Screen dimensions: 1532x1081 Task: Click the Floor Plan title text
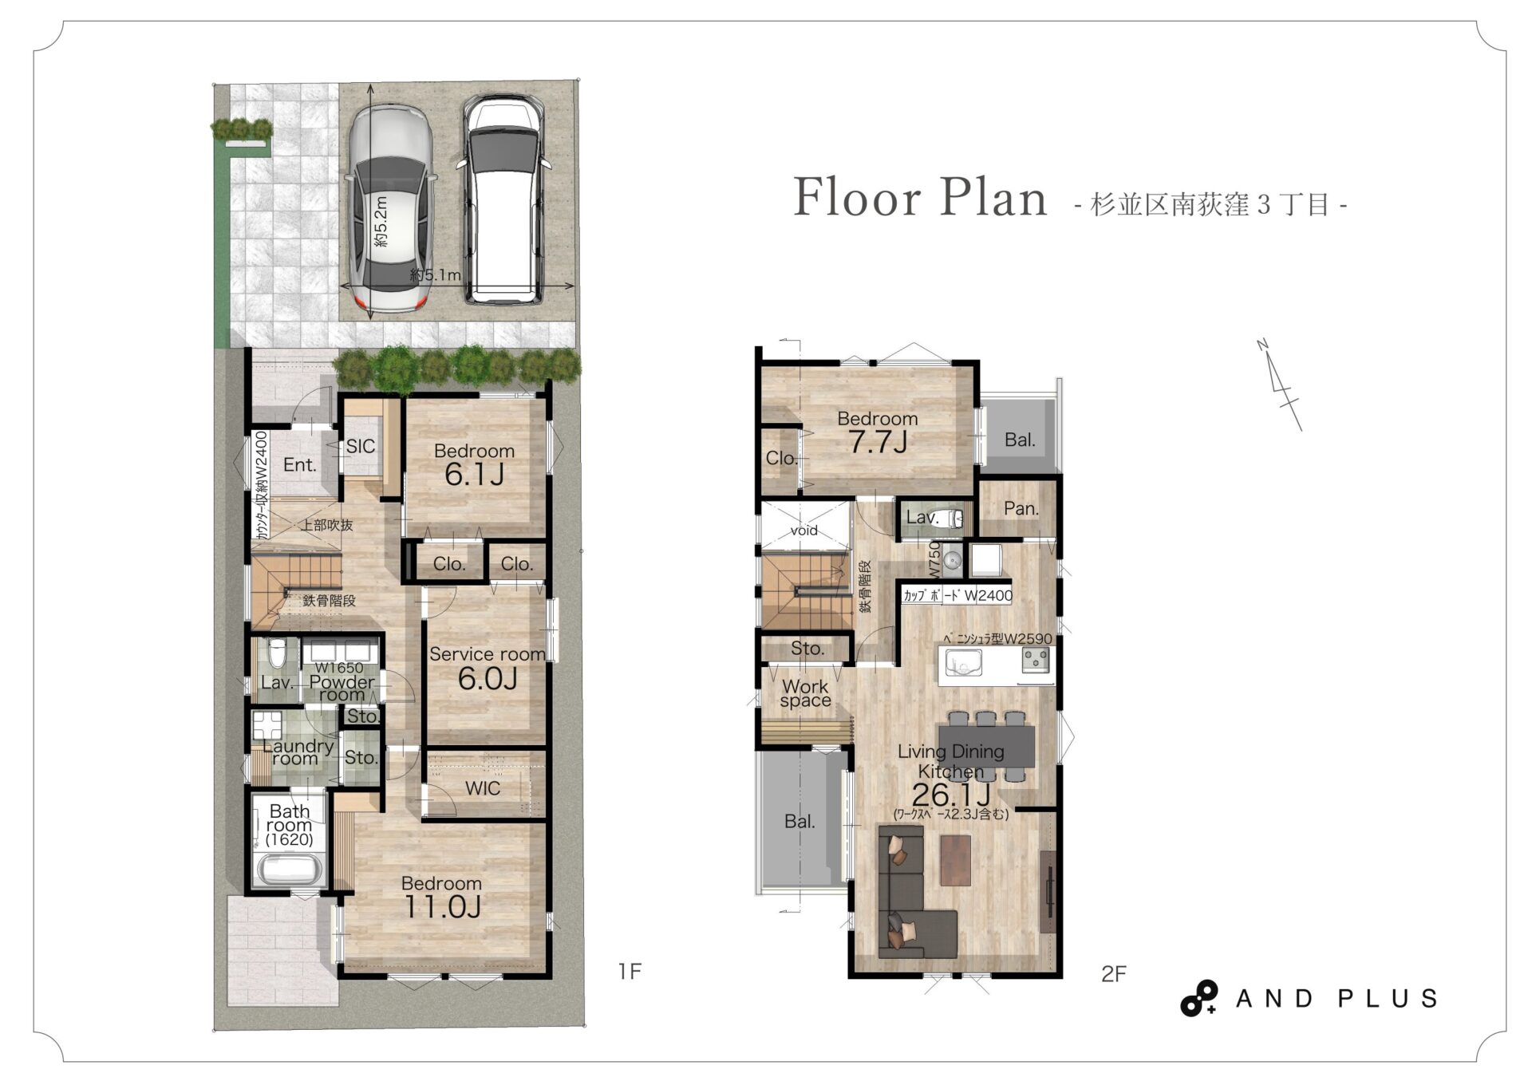[920, 197]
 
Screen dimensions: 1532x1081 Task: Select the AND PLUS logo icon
[1199, 998]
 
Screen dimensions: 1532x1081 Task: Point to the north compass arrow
[1280, 385]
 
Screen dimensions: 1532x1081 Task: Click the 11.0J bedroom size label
[442, 907]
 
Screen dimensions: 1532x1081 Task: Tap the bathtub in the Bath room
[290, 870]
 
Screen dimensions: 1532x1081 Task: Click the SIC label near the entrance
[360, 447]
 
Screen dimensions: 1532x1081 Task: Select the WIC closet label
[483, 789]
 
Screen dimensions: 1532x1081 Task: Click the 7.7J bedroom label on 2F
[878, 442]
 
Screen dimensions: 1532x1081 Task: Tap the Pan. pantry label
[1021, 509]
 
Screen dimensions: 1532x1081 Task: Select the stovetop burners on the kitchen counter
[1036, 660]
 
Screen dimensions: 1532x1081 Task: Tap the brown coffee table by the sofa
[955, 861]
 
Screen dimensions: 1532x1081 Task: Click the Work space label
[805, 693]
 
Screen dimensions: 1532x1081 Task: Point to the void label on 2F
[804, 531]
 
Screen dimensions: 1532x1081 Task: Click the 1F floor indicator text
[630, 971]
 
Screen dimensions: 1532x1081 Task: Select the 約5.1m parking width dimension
[436, 275]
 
